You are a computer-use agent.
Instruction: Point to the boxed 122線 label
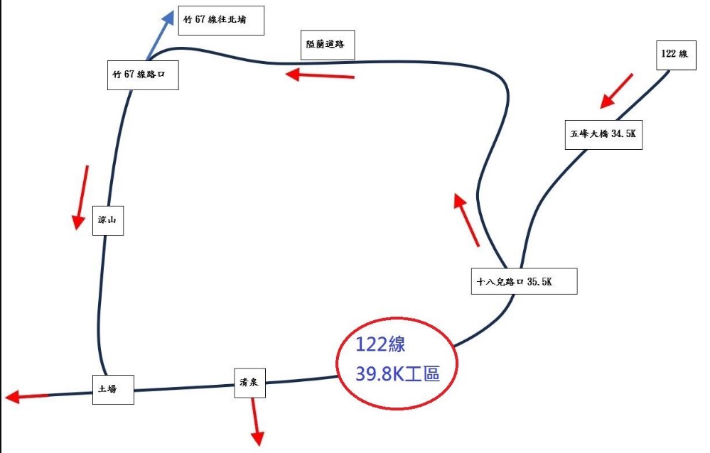tap(674, 54)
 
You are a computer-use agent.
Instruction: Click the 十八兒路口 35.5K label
tap(524, 281)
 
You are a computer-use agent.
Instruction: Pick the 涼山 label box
tap(107, 220)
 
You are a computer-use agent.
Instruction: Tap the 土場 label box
tap(112, 389)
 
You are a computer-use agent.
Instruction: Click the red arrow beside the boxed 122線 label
tap(615, 91)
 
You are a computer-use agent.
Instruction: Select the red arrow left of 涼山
tap(82, 197)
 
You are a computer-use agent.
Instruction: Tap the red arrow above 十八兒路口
tap(467, 221)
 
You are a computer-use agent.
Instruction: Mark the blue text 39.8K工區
tap(398, 373)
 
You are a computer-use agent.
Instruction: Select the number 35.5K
tap(539, 281)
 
